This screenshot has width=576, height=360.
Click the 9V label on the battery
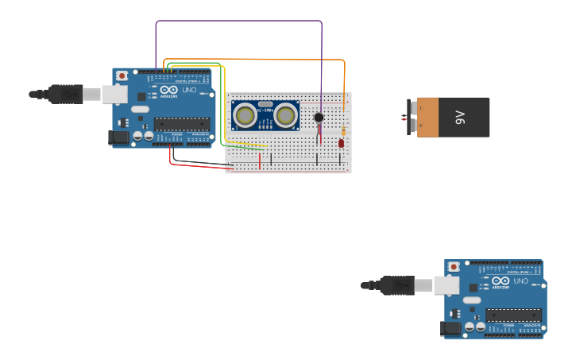[460, 118]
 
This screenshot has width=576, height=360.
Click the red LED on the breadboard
[341, 143]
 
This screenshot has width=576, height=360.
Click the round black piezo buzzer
[319, 118]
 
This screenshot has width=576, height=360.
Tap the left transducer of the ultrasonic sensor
[245, 115]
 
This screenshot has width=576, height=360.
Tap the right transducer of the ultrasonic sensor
[286, 115]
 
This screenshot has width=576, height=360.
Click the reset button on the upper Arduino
[122, 75]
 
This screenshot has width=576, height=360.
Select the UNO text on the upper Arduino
[189, 90]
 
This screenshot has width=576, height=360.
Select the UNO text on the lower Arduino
[521, 281]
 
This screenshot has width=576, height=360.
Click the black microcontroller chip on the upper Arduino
[182, 123]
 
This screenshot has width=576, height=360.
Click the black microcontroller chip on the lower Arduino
[514, 315]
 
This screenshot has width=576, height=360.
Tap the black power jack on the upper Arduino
[119, 137]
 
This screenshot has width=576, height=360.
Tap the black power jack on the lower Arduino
[451, 328]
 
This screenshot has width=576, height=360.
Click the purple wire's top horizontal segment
[238, 21]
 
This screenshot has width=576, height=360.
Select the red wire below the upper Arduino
[199, 166]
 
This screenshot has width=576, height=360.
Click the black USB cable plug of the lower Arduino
[397, 285]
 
